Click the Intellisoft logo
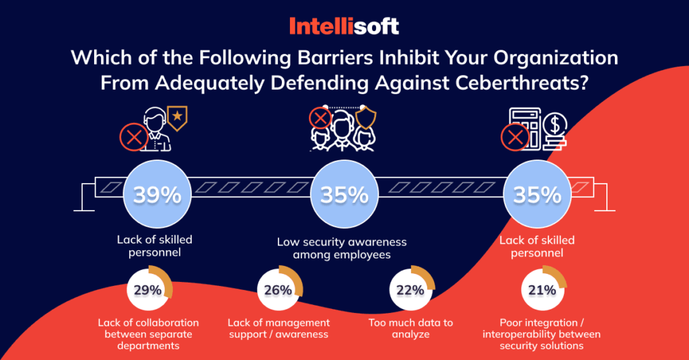(344, 26)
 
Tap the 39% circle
(157, 195)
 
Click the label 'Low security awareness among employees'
(342, 248)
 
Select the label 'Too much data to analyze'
(410, 328)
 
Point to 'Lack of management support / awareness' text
(279, 328)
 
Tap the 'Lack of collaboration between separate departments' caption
(148, 334)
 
